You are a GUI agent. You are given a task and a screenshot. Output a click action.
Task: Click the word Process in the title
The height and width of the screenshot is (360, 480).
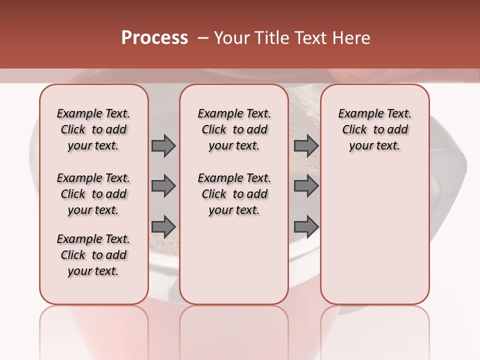[154, 38]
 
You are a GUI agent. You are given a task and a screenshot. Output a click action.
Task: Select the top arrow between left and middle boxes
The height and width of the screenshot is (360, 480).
[163, 145]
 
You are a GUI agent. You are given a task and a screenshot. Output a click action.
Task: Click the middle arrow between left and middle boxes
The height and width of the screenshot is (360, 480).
[163, 186]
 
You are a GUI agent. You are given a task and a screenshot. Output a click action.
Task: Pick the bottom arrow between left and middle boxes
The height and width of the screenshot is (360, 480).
[163, 226]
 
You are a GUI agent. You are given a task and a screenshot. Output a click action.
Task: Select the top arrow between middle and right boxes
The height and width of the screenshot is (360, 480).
[306, 145]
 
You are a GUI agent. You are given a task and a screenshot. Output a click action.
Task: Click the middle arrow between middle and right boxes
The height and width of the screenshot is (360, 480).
[306, 186]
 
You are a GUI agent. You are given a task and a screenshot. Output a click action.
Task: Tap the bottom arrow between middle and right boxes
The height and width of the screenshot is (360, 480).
[306, 226]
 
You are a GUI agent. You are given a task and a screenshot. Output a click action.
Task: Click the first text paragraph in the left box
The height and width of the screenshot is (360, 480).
[93, 129]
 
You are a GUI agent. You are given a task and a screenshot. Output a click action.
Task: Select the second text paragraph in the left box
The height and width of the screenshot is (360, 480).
[93, 194]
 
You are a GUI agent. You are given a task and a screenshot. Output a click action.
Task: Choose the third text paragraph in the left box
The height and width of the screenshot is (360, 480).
[93, 255]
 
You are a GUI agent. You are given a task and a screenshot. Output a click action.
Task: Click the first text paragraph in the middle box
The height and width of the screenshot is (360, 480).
[234, 129]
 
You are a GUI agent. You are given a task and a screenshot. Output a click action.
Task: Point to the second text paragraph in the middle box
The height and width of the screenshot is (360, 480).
[234, 194]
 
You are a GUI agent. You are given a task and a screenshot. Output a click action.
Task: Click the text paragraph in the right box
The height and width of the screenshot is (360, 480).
[374, 129]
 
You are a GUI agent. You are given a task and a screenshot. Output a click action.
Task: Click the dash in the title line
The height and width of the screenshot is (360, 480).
[203, 38]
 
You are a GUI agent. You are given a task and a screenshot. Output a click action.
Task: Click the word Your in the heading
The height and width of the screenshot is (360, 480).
[232, 38]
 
